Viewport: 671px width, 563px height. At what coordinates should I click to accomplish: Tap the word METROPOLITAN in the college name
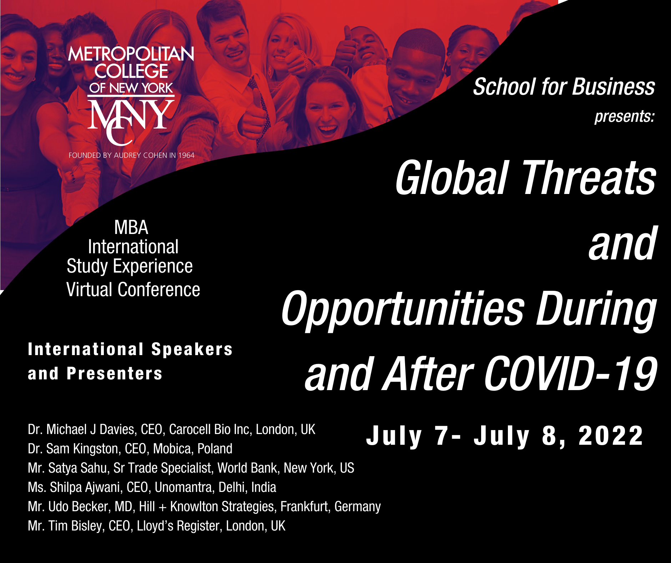[131, 54]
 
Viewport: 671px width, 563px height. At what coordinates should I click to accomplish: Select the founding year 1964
[186, 155]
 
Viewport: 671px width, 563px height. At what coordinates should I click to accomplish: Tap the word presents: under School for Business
[624, 116]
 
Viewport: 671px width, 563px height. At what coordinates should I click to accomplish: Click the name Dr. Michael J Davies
[82, 429]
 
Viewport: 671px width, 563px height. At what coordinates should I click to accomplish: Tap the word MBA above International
[131, 228]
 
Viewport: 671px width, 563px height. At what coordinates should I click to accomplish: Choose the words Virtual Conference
[133, 290]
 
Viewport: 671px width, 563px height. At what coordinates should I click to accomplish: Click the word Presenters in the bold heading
[115, 374]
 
